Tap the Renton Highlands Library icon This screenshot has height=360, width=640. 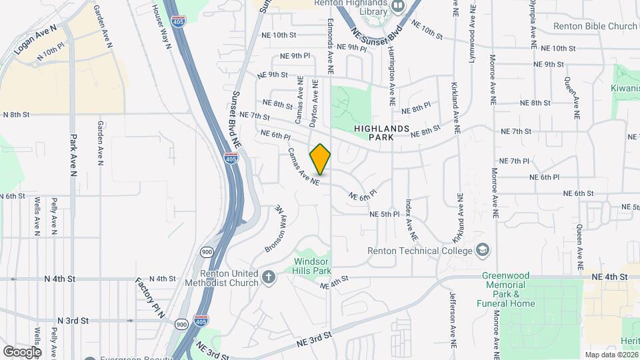click(x=399, y=7)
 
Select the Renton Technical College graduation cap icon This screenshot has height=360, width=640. click(x=482, y=251)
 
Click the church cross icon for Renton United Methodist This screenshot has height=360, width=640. click(x=269, y=277)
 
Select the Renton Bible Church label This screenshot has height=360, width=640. click(x=595, y=27)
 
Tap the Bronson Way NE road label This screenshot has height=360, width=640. click(x=275, y=228)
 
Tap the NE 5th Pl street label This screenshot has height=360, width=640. click(x=384, y=214)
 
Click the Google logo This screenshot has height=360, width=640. click(x=22, y=351)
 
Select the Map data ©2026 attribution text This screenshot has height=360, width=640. click(x=611, y=355)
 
